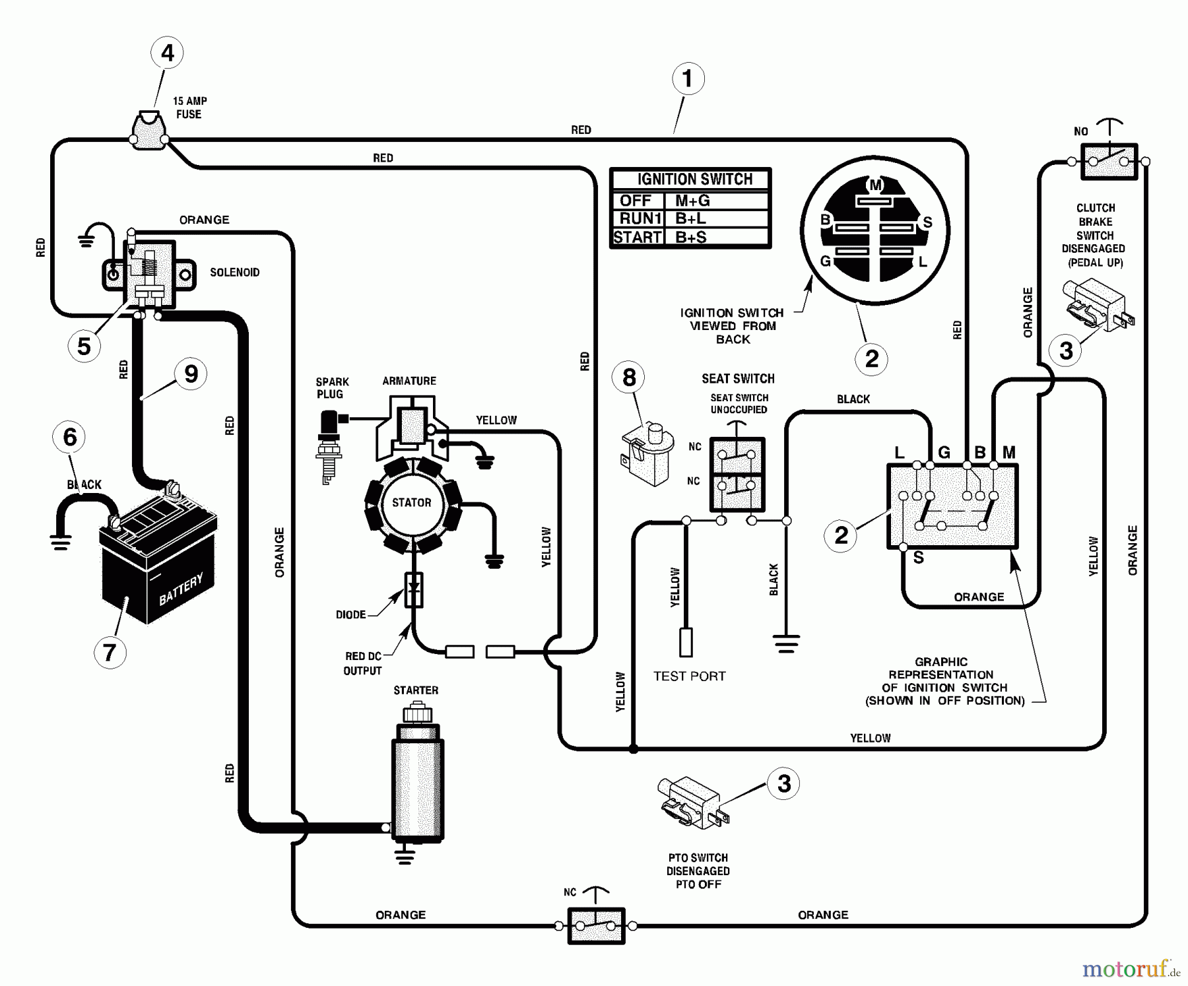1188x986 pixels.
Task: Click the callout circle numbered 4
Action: [x=167, y=53]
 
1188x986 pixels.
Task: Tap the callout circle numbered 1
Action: [x=688, y=79]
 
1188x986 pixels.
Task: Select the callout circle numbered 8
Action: [x=629, y=378]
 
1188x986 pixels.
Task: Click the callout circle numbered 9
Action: [x=191, y=374]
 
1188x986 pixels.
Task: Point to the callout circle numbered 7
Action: [x=110, y=652]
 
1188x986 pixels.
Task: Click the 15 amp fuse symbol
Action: [x=149, y=131]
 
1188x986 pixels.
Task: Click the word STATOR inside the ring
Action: [x=411, y=503]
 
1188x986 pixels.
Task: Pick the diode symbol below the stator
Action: [x=414, y=589]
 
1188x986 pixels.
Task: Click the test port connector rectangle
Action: [x=686, y=642]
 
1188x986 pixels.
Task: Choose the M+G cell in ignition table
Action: [x=692, y=201]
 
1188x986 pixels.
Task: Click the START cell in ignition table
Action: [x=637, y=238]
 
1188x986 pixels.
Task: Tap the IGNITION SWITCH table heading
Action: [x=694, y=179]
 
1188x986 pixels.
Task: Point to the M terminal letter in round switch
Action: [x=875, y=185]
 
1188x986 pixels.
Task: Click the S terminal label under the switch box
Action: [x=918, y=558]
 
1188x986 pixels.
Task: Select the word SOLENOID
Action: [x=234, y=273]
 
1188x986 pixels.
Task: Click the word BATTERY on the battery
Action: [x=181, y=589]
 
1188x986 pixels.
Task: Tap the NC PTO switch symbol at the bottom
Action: [x=596, y=925]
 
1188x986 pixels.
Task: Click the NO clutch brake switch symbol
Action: [x=1109, y=161]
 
